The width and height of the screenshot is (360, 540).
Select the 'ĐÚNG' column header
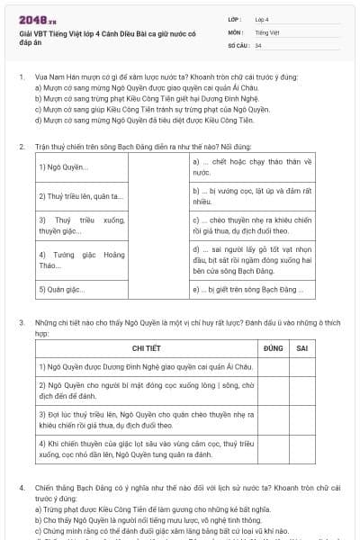click(274, 347)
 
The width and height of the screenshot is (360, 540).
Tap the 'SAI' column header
click(302, 347)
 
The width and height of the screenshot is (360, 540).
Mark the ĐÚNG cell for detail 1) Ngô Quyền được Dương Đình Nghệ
click(274, 366)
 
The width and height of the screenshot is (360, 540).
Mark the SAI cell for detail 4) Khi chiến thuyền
click(302, 450)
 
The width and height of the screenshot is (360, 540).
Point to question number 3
click(22, 320)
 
